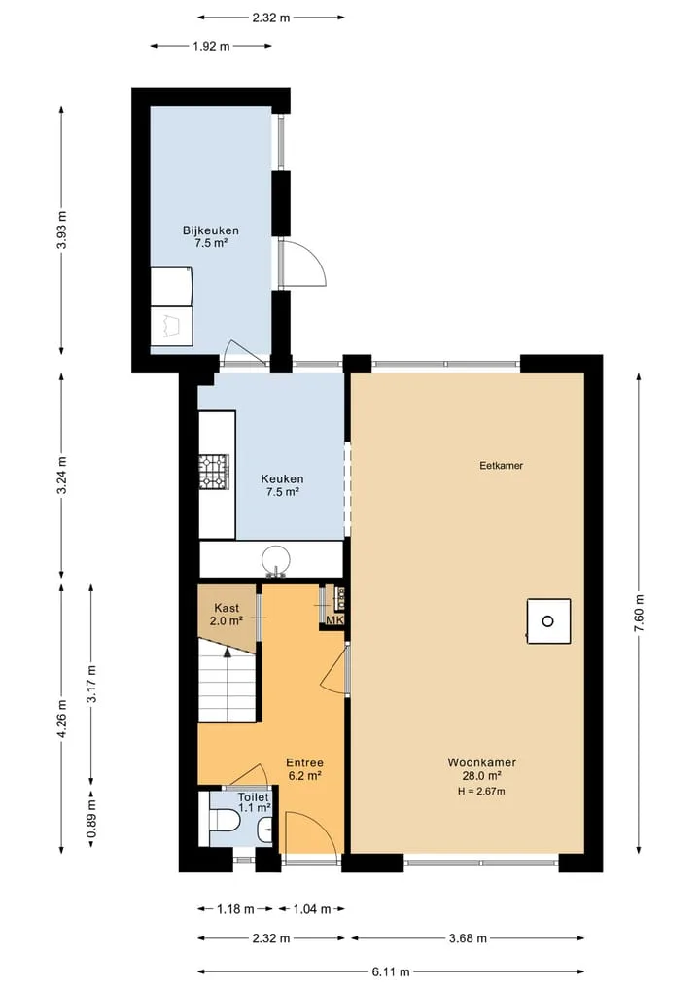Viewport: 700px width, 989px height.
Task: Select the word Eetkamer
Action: click(x=502, y=466)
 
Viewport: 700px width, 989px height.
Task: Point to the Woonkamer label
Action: click(x=482, y=762)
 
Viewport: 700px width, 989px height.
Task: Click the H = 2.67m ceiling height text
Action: click(x=482, y=791)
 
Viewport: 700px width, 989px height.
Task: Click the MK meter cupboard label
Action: click(x=334, y=620)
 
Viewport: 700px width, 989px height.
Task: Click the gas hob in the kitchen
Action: click(x=215, y=473)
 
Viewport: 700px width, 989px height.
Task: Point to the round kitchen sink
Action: click(x=276, y=560)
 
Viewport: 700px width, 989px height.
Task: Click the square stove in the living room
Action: click(x=548, y=621)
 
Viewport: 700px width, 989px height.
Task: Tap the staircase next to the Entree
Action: click(x=227, y=680)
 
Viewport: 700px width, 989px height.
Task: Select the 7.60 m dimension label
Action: click(x=639, y=613)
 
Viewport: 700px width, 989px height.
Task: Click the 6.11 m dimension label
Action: click(x=391, y=971)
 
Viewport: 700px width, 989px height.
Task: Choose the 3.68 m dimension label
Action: click(x=468, y=938)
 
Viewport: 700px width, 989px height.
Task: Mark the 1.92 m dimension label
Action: click(x=211, y=46)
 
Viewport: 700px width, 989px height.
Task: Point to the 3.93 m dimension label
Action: click(x=62, y=230)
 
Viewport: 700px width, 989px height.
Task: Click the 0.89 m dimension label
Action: click(x=92, y=819)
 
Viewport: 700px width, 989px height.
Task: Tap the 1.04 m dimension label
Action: click(x=311, y=909)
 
